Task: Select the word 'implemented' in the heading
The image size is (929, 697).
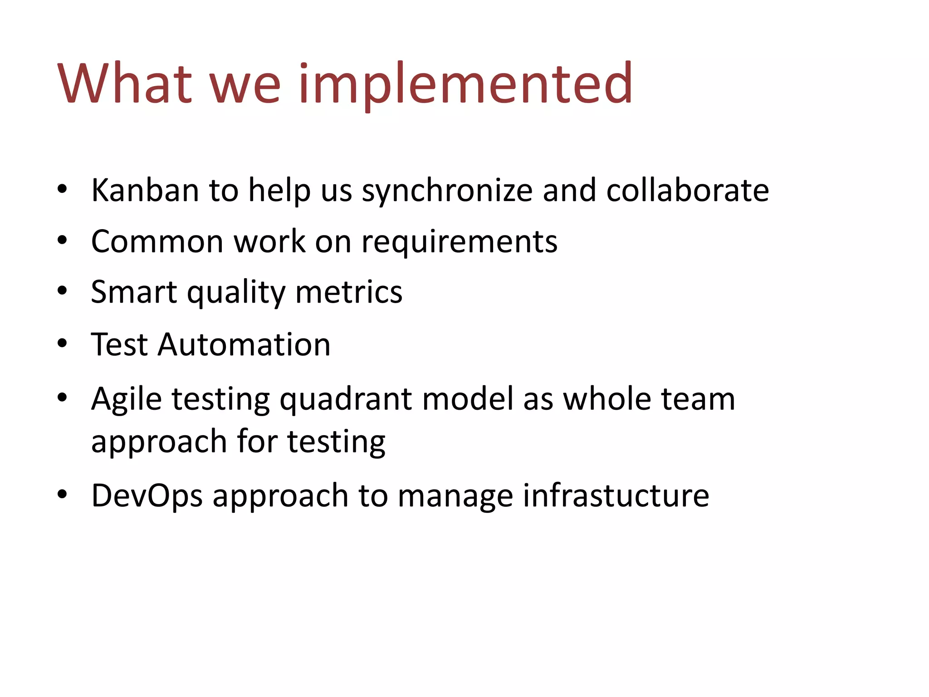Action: (x=465, y=84)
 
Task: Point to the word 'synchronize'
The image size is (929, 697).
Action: (x=447, y=191)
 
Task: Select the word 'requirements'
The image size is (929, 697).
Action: (x=459, y=242)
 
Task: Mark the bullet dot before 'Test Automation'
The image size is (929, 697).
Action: (x=63, y=344)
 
